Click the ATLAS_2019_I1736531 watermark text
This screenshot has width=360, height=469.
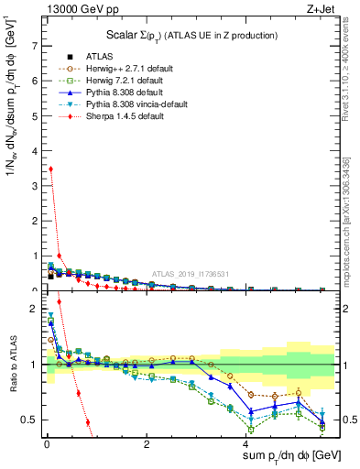(183, 274)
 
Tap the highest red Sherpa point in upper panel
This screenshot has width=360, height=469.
(50, 169)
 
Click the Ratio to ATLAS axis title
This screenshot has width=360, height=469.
(12, 364)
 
